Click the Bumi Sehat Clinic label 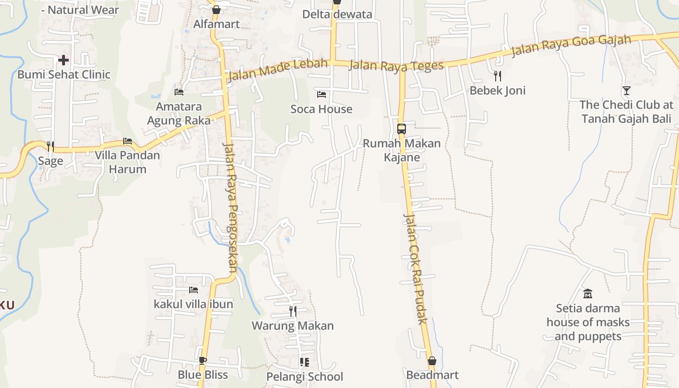[x=64, y=75]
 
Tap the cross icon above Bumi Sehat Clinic [x=64, y=60]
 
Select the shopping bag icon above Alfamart [x=216, y=10]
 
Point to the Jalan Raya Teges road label [x=396, y=65]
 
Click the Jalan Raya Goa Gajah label [x=571, y=46]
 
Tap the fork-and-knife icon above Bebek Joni [x=497, y=76]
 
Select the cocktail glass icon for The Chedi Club [x=627, y=90]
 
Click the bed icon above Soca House [x=321, y=94]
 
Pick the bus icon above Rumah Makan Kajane [x=402, y=129]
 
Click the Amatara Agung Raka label [x=179, y=113]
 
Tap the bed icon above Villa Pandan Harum [x=128, y=141]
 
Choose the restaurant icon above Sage [x=50, y=146]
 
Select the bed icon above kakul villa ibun [x=194, y=290]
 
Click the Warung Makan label [x=292, y=325]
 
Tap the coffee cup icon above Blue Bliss [x=203, y=360]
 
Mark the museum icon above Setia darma [x=588, y=293]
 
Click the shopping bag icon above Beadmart [x=432, y=361]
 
